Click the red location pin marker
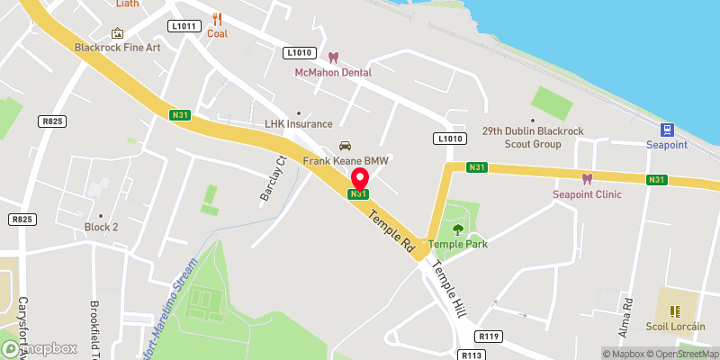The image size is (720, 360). coord(359,177)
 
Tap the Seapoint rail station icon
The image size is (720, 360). coord(668,130)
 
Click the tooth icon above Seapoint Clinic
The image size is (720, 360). coord(588,179)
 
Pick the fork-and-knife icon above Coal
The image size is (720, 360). coord(217,19)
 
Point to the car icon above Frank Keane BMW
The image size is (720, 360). coord(345,147)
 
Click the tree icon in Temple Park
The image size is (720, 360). coord(457,229)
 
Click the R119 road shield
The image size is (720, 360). coord(490,336)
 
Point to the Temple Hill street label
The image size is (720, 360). coord(449,288)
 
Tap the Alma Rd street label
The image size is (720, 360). coord(629,314)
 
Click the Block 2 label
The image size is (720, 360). coord(101,227)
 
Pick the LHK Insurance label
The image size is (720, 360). coord(298,124)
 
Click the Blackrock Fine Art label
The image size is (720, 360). coord(117,47)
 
